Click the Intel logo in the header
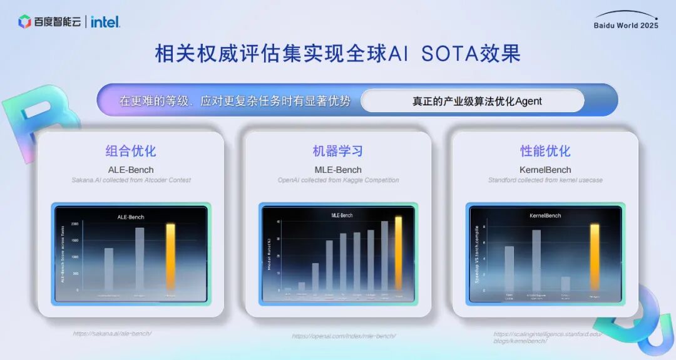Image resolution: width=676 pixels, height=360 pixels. [x=105, y=22]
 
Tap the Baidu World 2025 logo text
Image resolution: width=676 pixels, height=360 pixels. [x=626, y=25]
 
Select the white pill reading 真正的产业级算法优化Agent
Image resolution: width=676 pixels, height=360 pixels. [x=473, y=101]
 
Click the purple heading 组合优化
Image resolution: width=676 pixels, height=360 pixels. [x=131, y=151]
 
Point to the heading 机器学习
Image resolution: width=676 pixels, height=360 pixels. [x=338, y=151]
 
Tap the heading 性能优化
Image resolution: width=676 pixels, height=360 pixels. [x=545, y=151]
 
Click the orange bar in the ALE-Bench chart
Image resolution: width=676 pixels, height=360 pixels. [x=170, y=257]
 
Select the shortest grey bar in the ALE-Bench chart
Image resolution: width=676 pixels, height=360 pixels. [x=109, y=269]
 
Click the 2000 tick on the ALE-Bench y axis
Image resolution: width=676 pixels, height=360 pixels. [x=75, y=224]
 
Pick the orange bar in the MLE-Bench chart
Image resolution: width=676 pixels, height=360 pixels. [x=399, y=254]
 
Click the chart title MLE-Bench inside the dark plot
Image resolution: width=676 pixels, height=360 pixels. [x=342, y=215]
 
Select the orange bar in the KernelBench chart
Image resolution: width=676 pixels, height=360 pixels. [x=595, y=257]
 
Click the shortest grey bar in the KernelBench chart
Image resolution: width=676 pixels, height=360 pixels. [x=565, y=284]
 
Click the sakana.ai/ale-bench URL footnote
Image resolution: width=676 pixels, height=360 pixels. [x=112, y=334]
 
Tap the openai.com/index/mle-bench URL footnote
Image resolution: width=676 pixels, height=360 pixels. [x=344, y=336]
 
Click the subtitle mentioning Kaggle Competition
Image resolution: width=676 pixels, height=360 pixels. [x=338, y=180]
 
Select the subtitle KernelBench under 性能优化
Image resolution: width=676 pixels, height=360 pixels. [x=545, y=170]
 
